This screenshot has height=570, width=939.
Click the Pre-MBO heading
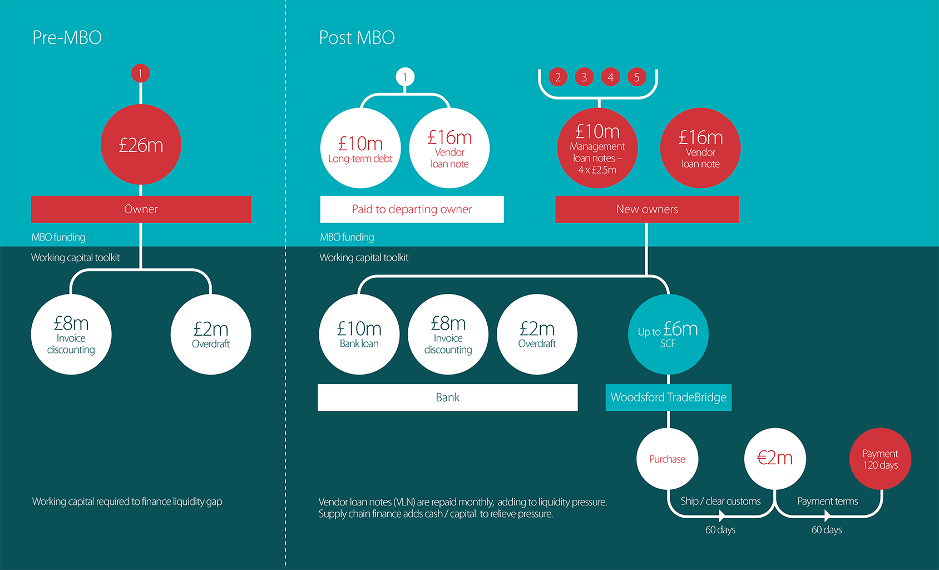coord(67,38)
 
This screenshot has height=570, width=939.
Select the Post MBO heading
coord(357,38)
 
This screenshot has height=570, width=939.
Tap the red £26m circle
coord(141,145)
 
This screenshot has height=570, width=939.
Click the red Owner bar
coord(141,209)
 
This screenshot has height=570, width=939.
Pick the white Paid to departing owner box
coord(412,209)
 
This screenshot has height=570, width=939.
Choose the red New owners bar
coord(647,209)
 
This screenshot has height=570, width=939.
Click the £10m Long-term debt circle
coord(360,148)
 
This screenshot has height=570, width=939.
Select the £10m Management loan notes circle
coord(597,148)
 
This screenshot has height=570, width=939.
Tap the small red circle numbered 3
coord(584,77)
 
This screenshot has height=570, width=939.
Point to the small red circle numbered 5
coord(637,77)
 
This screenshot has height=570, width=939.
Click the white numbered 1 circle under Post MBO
coord(405,77)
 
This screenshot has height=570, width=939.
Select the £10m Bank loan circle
coord(359,334)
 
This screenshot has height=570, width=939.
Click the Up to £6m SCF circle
coord(668,334)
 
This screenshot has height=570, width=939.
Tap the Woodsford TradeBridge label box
coord(668,397)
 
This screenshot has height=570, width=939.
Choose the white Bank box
coord(447,397)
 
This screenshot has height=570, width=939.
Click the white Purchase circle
coord(667,459)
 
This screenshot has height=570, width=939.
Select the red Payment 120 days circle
coord(880,459)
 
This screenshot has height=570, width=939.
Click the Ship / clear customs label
coord(720,501)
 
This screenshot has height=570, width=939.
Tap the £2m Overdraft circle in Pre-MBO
coord(211,334)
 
